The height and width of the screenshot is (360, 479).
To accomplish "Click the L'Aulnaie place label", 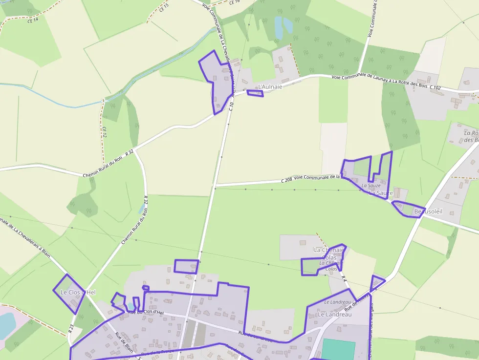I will [270, 86].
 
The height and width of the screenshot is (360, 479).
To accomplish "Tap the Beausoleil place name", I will [428, 212].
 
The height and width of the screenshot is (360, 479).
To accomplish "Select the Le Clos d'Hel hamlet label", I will [78, 292].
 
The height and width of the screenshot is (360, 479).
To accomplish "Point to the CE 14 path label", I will [33, 20].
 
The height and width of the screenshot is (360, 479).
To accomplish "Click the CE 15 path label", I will [164, 7].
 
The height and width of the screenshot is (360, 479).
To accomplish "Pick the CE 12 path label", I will [104, 132].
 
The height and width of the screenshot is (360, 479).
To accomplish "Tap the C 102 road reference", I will [435, 87].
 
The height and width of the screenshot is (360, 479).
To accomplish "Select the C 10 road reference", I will [231, 100].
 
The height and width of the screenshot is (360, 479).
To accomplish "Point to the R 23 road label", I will [71, 328].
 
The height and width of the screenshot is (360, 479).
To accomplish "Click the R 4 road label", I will [344, 279].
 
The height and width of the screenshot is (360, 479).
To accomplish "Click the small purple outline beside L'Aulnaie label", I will [255, 93].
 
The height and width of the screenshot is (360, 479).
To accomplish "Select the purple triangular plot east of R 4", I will [376, 282].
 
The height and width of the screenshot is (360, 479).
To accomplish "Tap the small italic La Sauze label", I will [371, 186].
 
